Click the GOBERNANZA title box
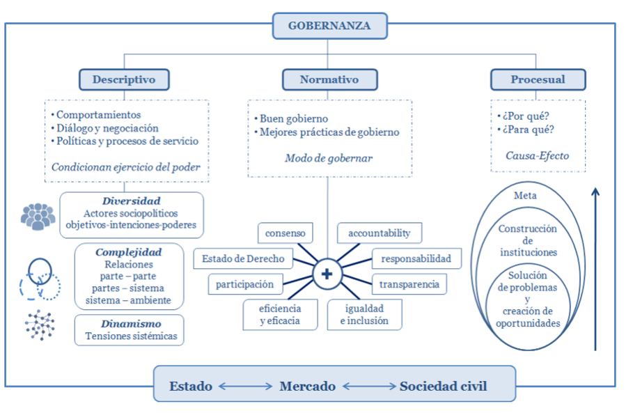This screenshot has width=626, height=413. point(330,26)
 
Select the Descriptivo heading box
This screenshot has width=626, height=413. point(124,79)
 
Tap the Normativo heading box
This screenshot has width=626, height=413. point(330,79)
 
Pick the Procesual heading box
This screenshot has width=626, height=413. point(538,79)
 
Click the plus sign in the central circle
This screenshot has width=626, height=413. point(327,274)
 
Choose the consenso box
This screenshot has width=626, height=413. point(285,233)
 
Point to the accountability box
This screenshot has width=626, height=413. point(379,233)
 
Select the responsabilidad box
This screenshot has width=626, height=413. point(416,259)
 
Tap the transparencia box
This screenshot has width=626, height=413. point(409,284)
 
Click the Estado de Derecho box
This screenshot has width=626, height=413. point(243,259)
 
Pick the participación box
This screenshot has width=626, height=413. point(245,284)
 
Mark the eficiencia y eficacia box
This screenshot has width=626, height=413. point(280,315)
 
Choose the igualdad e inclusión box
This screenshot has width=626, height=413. point(364,315)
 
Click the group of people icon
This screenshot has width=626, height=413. point(38,217)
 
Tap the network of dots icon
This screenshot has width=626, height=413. point(40,325)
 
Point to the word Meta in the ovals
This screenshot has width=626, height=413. point(525,196)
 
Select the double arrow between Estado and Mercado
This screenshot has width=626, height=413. point(246,387)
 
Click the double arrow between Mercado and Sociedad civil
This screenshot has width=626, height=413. point(369,387)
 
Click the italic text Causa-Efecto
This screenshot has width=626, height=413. point(538,156)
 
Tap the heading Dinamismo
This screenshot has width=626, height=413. point(131,324)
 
